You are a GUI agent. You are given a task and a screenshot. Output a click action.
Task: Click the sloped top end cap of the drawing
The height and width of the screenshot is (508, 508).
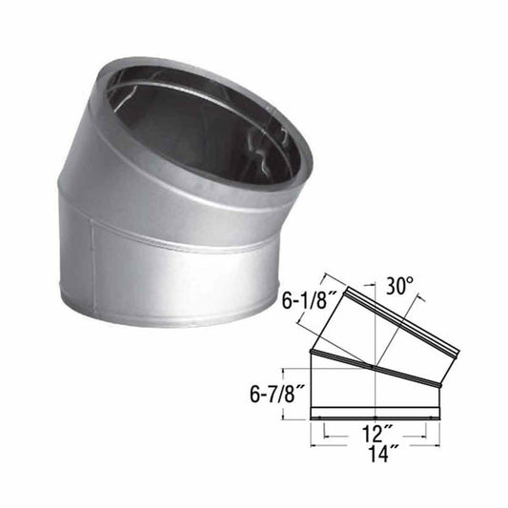point(396,315)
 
